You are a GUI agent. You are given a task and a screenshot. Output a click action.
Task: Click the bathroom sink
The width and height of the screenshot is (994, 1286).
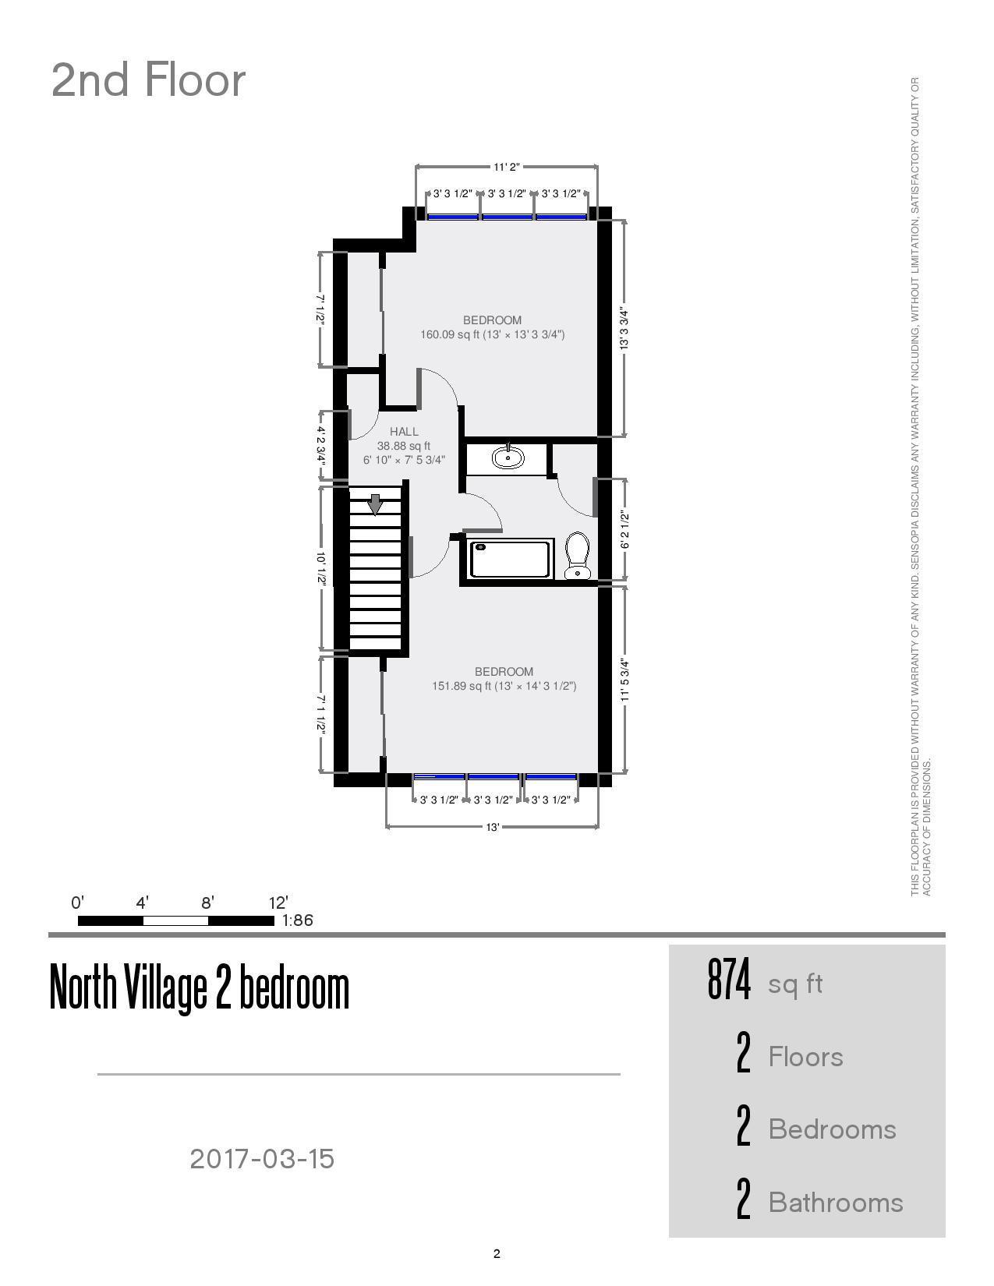tap(508, 457)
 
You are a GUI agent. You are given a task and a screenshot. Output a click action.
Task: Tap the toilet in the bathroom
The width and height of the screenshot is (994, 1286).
tap(577, 555)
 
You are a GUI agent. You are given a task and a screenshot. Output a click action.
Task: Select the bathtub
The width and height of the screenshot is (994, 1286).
tap(511, 559)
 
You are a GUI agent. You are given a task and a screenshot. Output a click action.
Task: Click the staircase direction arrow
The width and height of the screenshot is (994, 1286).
tap(375, 504)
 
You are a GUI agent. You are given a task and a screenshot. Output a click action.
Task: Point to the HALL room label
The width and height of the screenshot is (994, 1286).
tap(404, 431)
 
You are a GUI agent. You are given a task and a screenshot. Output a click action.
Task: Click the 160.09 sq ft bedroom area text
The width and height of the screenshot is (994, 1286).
tap(492, 334)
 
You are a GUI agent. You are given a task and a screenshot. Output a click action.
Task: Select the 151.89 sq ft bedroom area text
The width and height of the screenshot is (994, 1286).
tap(504, 686)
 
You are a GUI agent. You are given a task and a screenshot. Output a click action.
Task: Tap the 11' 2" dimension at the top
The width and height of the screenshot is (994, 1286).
tap(506, 167)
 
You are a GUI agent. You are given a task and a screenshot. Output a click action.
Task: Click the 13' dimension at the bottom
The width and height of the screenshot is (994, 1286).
tap(493, 827)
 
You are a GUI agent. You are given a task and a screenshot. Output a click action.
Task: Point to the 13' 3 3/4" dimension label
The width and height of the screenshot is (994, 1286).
tap(624, 329)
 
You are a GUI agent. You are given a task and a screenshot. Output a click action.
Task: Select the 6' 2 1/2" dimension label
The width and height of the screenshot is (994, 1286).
tap(624, 529)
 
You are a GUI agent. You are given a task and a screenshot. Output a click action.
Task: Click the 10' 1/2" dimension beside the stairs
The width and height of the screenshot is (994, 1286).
tap(321, 568)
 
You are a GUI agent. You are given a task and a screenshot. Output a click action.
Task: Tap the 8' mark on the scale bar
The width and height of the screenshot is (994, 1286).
tap(207, 903)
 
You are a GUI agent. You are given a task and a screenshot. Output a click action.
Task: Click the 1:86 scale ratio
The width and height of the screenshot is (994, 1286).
tap(298, 920)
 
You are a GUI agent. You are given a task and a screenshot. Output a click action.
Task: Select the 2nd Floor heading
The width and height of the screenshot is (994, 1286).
tap(148, 80)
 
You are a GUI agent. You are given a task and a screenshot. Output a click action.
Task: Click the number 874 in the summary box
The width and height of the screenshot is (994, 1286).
tap(729, 980)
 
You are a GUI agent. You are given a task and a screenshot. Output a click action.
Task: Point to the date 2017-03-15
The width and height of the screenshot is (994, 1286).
tap(262, 1158)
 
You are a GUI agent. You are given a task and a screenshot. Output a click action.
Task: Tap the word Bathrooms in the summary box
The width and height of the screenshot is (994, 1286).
tap(836, 1202)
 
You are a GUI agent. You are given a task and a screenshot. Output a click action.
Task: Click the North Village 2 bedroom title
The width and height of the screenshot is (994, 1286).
tap(200, 987)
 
